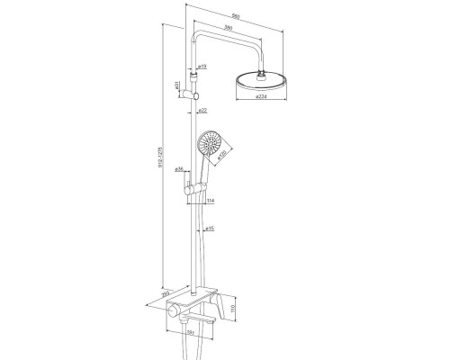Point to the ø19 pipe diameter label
(203, 67)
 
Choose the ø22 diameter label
(203, 110)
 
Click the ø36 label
(179, 168)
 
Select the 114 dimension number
(209, 201)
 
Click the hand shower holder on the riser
(193, 188)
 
